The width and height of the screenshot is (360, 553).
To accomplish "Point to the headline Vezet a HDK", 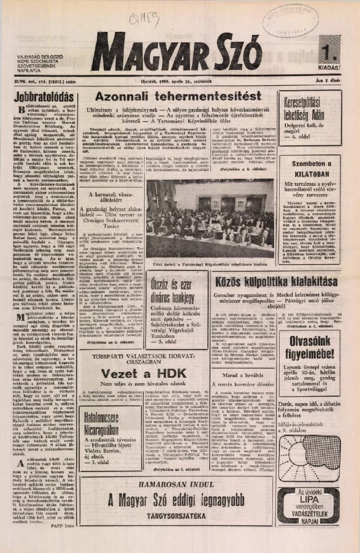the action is coord(144,374).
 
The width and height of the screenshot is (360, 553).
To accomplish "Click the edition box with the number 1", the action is coord(329,50).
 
